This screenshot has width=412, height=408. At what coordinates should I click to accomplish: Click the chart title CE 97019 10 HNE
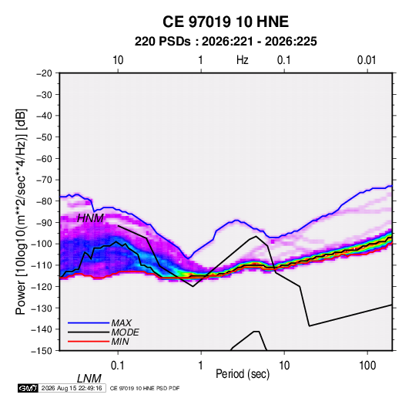226,22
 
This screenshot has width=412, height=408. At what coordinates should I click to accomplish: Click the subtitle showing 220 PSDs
226,42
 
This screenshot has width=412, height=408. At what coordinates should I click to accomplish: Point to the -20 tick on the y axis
44,73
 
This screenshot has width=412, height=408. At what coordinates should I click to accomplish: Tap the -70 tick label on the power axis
44,180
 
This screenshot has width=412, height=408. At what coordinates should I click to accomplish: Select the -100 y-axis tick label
42,244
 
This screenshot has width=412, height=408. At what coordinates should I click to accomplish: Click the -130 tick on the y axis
42,308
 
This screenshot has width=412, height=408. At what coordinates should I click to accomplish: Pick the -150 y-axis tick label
42,351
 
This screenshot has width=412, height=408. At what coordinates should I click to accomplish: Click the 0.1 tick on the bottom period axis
118,366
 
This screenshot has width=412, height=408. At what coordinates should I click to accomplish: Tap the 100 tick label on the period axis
367,366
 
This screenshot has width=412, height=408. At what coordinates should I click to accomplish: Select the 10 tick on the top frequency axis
118,60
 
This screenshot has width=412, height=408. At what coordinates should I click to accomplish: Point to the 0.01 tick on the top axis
367,60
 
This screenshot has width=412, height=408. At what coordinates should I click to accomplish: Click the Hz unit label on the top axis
243,60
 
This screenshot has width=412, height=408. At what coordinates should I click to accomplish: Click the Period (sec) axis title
243,374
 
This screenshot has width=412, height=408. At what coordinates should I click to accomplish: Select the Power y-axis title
21,212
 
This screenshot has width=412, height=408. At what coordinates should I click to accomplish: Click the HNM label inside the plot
90,218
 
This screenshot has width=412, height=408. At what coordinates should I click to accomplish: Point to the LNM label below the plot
89,379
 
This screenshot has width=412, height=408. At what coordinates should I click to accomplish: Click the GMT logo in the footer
28,388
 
